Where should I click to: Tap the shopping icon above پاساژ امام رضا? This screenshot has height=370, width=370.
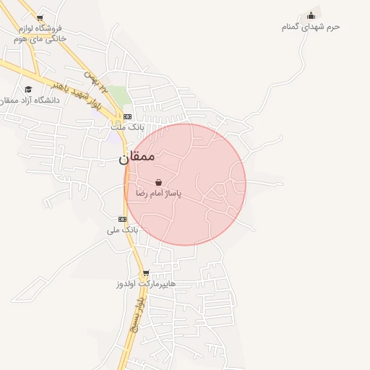(x=158, y=183)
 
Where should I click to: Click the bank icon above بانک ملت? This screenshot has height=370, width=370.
(x=127, y=116)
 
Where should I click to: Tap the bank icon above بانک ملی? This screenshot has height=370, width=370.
(x=122, y=219)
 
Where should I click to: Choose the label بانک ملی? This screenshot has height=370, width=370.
(x=121, y=230)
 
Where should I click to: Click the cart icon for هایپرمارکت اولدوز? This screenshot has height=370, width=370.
(x=146, y=273)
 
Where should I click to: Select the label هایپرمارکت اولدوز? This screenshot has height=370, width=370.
(x=146, y=284)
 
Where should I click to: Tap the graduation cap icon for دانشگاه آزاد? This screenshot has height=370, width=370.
(x=28, y=89)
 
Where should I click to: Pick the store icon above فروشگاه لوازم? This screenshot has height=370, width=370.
(x=39, y=18)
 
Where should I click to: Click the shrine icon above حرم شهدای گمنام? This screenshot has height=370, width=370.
(x=311, y=15)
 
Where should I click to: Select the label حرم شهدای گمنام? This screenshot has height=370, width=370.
(x=311, y=27)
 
